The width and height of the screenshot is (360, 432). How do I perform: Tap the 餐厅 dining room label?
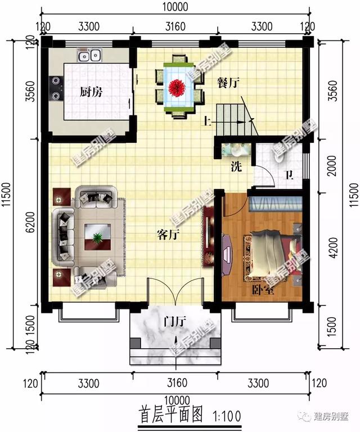click(228, 82)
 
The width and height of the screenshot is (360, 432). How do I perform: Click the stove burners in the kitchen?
click(56, 88)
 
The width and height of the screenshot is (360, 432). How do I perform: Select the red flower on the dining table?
click(178, 87)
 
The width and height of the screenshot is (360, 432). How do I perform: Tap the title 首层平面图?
click(170, 416)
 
